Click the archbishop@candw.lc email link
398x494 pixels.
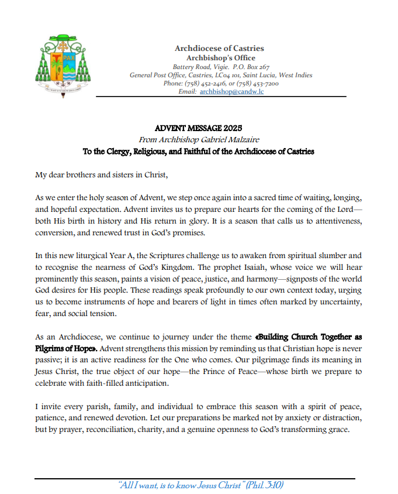[231, 92]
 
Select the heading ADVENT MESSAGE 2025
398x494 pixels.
[198, 128]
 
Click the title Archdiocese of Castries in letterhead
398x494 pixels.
[219, 48]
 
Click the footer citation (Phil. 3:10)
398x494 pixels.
[265, 485]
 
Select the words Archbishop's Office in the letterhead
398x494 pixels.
[220, 58]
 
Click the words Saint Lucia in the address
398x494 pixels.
[257, 75]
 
